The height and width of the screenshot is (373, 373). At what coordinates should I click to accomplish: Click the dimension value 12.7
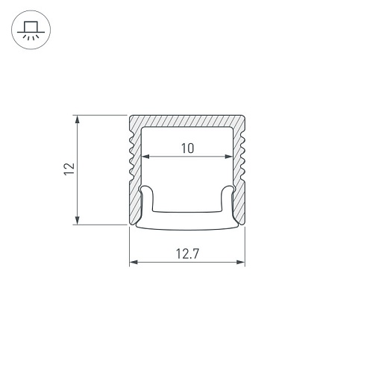187,254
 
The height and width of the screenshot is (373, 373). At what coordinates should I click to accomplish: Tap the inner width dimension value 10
187,148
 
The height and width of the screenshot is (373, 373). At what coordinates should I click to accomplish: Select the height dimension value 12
69,169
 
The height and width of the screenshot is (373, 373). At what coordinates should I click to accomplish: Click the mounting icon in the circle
31,30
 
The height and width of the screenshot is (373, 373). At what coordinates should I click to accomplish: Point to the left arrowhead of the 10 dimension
145,157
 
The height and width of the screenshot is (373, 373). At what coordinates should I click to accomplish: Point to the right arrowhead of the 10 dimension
229,157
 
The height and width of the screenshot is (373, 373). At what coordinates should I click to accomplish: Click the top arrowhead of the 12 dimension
78,119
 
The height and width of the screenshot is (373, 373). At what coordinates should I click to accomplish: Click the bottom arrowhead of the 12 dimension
78,220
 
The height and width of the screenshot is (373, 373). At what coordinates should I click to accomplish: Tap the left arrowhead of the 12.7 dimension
134,262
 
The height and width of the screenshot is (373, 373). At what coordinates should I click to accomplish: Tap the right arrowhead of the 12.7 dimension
241,262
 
